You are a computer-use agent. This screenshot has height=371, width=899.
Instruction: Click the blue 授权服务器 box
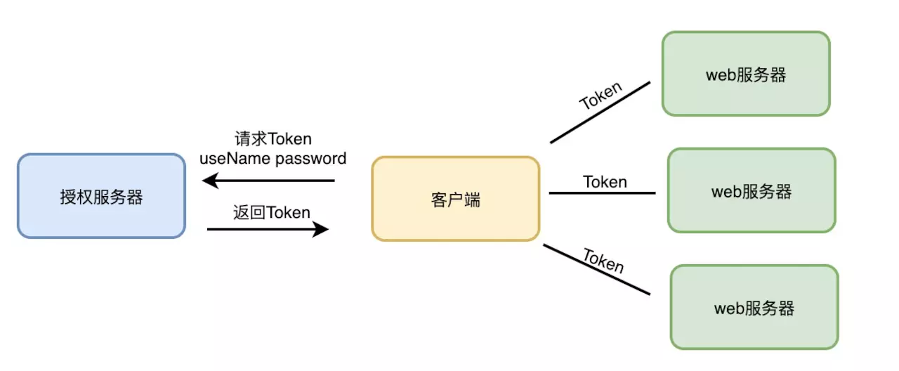click(x=102, y=196)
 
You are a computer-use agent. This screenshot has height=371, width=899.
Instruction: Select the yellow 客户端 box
click(x=456, y=199)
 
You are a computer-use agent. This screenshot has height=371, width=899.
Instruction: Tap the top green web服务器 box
click(x=746, y=74)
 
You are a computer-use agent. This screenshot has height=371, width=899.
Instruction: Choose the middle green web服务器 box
click(x=752, y=190)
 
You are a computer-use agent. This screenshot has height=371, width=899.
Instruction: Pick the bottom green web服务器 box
click(x=754, y=307)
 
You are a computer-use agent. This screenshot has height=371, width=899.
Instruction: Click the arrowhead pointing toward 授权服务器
click(x=210, y=181)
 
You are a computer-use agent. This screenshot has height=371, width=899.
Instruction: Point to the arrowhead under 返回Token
click(x=321, y=229)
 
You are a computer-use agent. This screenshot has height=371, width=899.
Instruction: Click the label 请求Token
click(x=273, y=139)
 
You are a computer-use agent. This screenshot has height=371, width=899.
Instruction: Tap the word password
click(x=311, y=159)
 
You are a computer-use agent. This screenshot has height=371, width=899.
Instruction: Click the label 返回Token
click(x=272, y=212)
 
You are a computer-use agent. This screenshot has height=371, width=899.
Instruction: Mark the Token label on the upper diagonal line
click(x=601, y=96)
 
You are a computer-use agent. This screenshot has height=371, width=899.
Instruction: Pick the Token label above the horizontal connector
click(x=605, y=182)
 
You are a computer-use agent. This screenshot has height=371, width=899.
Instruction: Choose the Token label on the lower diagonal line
click(x=603, y=261)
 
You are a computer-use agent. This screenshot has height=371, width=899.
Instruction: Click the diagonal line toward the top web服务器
click(x=600, y=112)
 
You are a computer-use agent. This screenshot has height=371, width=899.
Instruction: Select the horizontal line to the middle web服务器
click(x=603, y=193)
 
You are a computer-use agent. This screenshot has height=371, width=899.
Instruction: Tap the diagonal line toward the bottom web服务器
click(x=597, y=269)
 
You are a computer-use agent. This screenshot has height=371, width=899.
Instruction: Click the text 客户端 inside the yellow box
click(x=456, y=200)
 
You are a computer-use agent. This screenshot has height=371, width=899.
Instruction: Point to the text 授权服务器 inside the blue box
click(x=102, y=197)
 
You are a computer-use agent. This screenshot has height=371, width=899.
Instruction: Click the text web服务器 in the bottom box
click(x=754, y=308)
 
